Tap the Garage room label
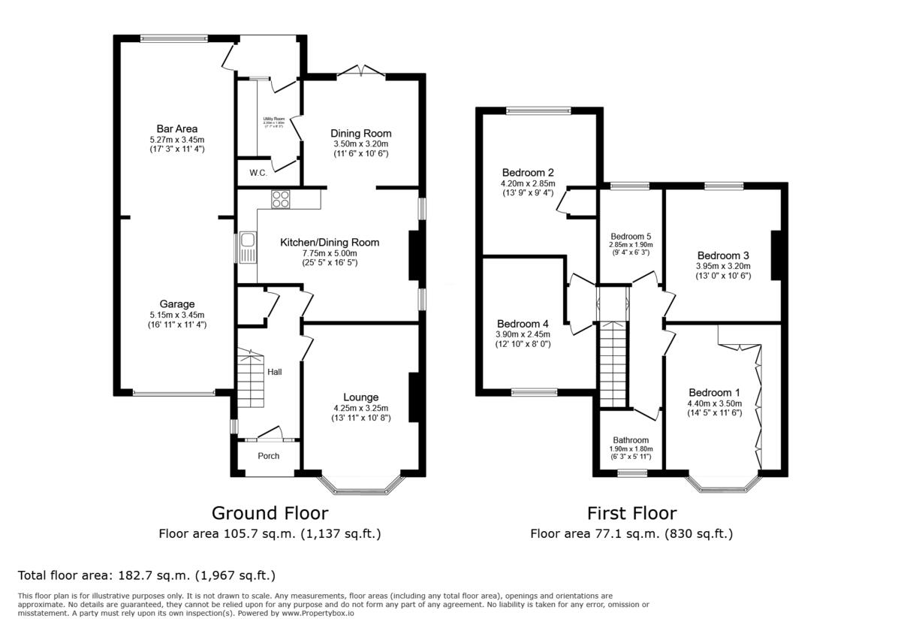(177, 305)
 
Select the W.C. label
(258, 173)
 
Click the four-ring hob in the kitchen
(281, 199)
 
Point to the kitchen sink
(247, 248)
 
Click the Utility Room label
(274, 119)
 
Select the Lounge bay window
(362, 487)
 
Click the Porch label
(268, 456)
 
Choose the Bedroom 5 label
(631, 234)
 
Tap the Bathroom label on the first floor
(631, 440)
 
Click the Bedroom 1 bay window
(725, 485)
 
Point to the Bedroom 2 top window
(538, 111)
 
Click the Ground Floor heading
(270, 513)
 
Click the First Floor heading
(631, 513)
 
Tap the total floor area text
(147, 576)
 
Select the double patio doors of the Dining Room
(361, 71)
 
